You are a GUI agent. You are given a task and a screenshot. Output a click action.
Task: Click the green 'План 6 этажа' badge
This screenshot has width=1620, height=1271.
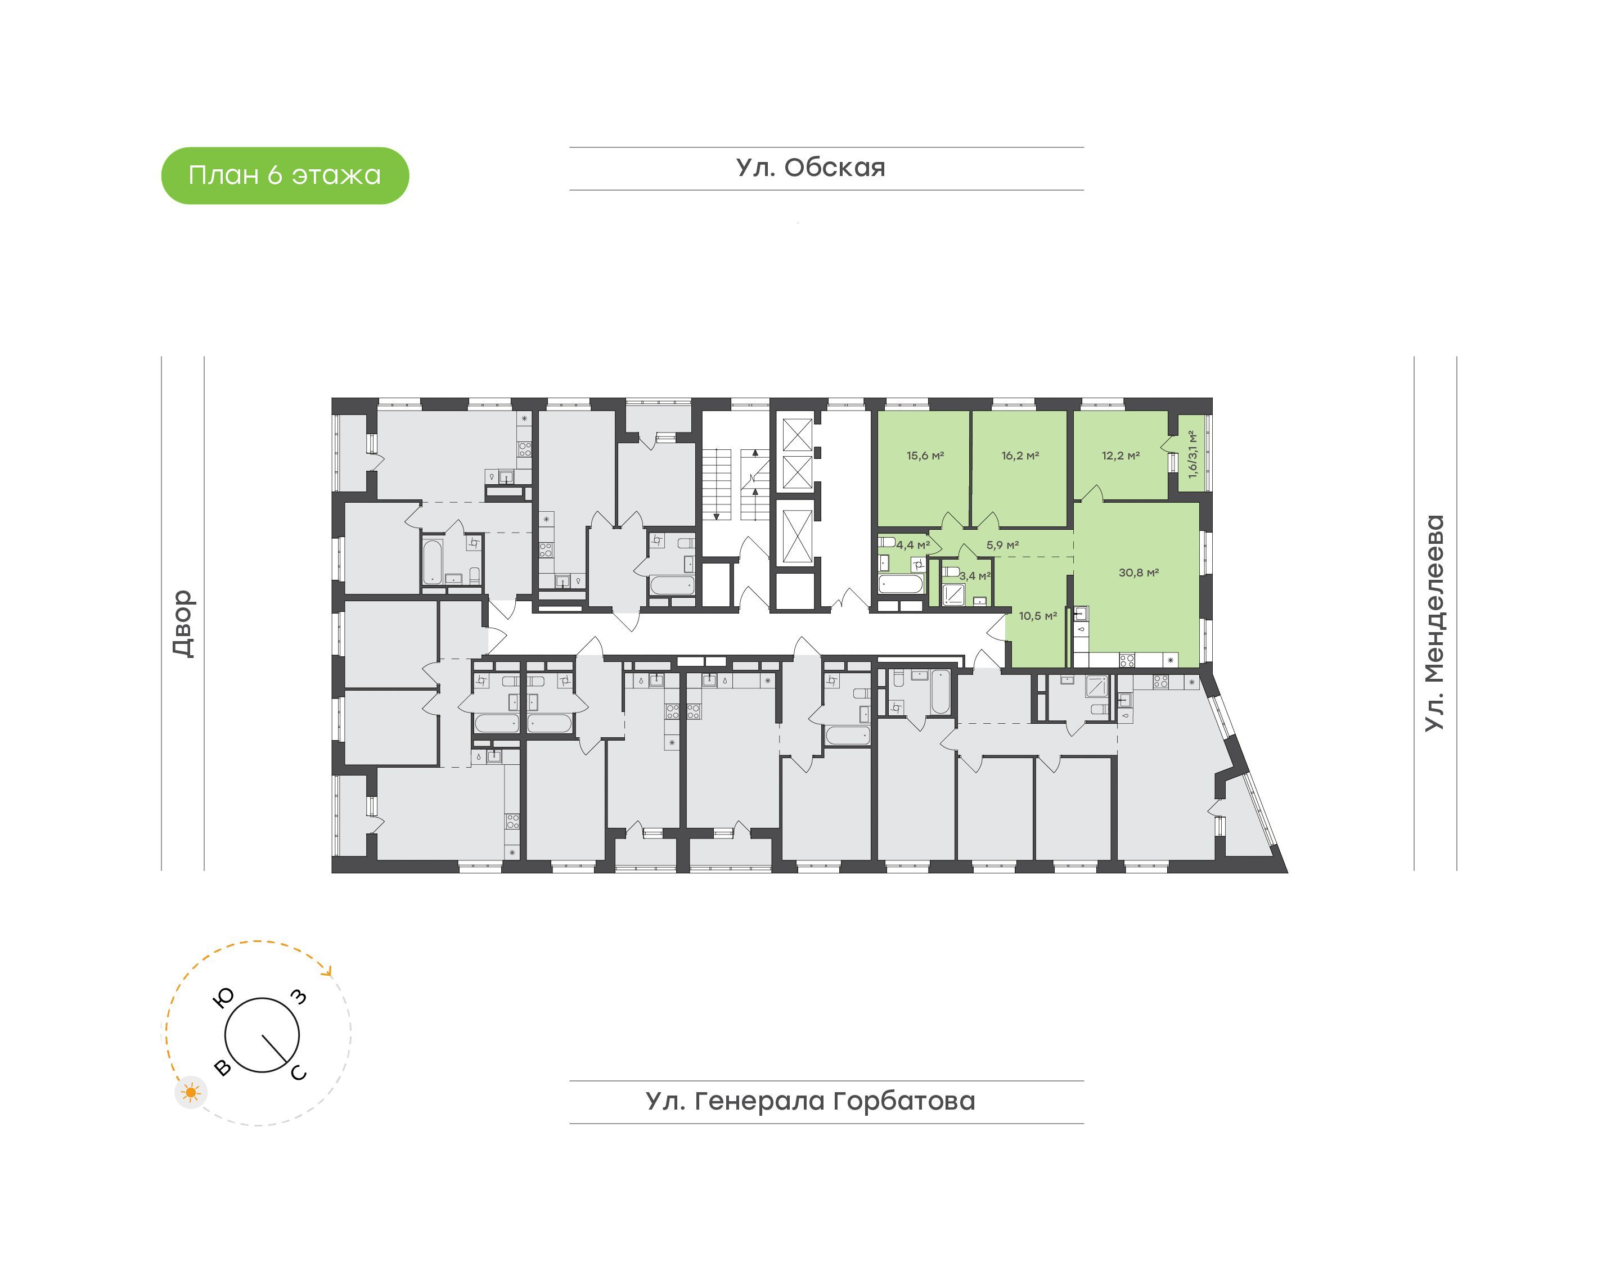285,175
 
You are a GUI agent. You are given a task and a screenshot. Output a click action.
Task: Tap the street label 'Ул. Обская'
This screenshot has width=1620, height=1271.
811,168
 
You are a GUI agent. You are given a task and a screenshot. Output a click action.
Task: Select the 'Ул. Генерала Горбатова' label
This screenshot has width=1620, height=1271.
811,1101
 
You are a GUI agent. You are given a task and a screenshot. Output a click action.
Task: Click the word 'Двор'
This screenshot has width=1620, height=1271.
183,624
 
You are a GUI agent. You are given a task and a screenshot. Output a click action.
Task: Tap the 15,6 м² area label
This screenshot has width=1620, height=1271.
925,456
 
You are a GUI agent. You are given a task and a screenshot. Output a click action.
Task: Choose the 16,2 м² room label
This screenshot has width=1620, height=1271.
1020,456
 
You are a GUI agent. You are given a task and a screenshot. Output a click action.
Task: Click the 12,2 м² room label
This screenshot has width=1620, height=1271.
1120,456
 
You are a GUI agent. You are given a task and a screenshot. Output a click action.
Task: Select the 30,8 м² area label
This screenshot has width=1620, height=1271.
1138,573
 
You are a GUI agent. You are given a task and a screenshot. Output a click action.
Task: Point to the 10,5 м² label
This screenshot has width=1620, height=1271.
1038,615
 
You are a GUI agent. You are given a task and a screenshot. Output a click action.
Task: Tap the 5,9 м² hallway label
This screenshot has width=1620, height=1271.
1002,545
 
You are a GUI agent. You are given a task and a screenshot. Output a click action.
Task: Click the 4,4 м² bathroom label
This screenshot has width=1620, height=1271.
913,545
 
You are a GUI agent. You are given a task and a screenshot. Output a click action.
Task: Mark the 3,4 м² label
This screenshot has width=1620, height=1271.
975,576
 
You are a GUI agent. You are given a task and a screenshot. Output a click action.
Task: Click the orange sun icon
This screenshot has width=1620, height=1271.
191,1092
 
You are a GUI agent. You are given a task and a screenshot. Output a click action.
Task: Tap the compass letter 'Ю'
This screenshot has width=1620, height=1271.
224,997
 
